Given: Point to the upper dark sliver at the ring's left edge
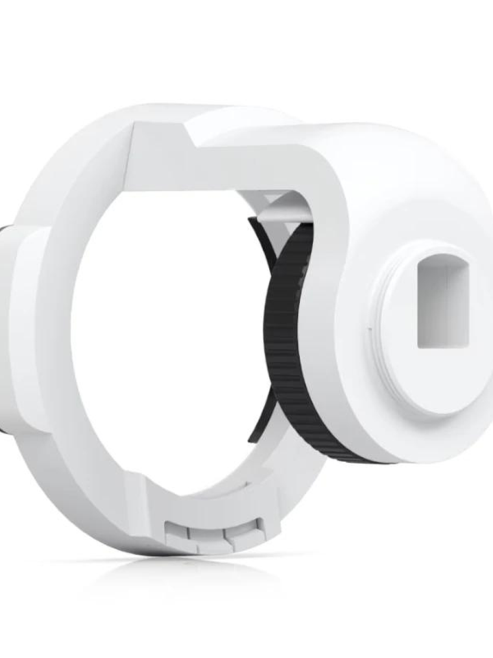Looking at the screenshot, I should pyautogui.click(x=5, y=234).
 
